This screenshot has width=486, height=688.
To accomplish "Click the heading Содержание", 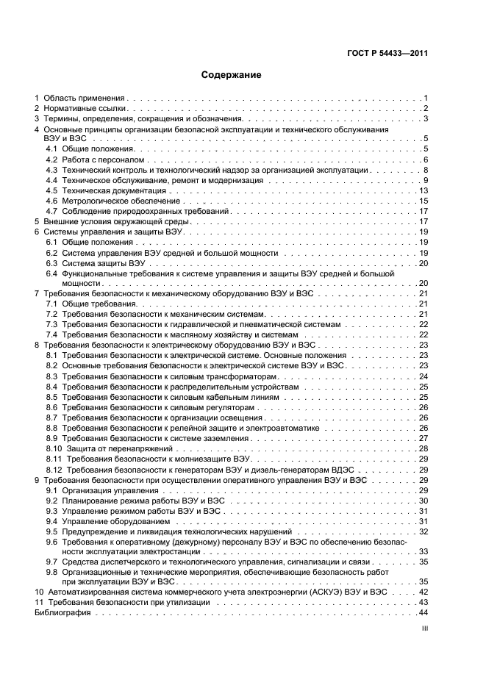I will point(232,75).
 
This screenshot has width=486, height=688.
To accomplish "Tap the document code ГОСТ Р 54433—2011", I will point(388,52).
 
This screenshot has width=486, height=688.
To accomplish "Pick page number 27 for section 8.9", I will point(424,438).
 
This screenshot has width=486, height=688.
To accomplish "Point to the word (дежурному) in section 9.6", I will point(196,541).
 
